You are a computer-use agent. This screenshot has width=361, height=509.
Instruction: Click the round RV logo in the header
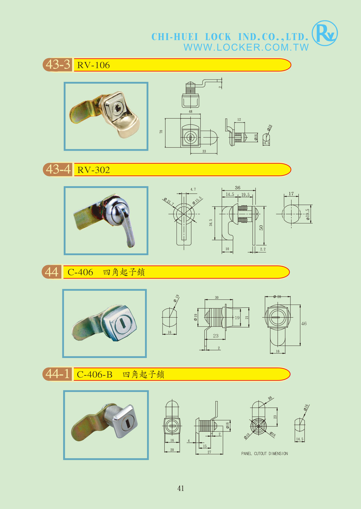[325, 33]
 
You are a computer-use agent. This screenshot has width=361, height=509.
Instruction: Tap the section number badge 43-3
[58, 65]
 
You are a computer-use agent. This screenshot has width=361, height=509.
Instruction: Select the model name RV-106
[93, 65]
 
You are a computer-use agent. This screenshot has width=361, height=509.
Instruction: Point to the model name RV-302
[94, 170]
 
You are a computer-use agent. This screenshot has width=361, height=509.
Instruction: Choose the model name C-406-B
[95, 374]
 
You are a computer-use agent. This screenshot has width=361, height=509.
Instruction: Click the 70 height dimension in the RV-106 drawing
[161, 132]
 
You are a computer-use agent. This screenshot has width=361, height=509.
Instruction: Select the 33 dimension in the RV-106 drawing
[204, 151]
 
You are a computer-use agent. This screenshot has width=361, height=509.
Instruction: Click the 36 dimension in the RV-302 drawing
[238, 188]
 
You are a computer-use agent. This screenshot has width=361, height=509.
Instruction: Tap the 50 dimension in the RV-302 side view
[261, 227]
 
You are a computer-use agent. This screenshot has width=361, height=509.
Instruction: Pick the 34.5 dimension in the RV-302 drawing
[211, 223]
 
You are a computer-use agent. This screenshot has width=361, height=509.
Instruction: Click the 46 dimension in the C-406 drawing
[304, 324]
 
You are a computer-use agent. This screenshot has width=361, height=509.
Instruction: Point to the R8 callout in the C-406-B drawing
[270, 398]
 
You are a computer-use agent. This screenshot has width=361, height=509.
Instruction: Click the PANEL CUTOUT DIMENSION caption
[264, 454]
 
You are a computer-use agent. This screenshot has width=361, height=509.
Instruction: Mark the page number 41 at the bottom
[181, 488]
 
